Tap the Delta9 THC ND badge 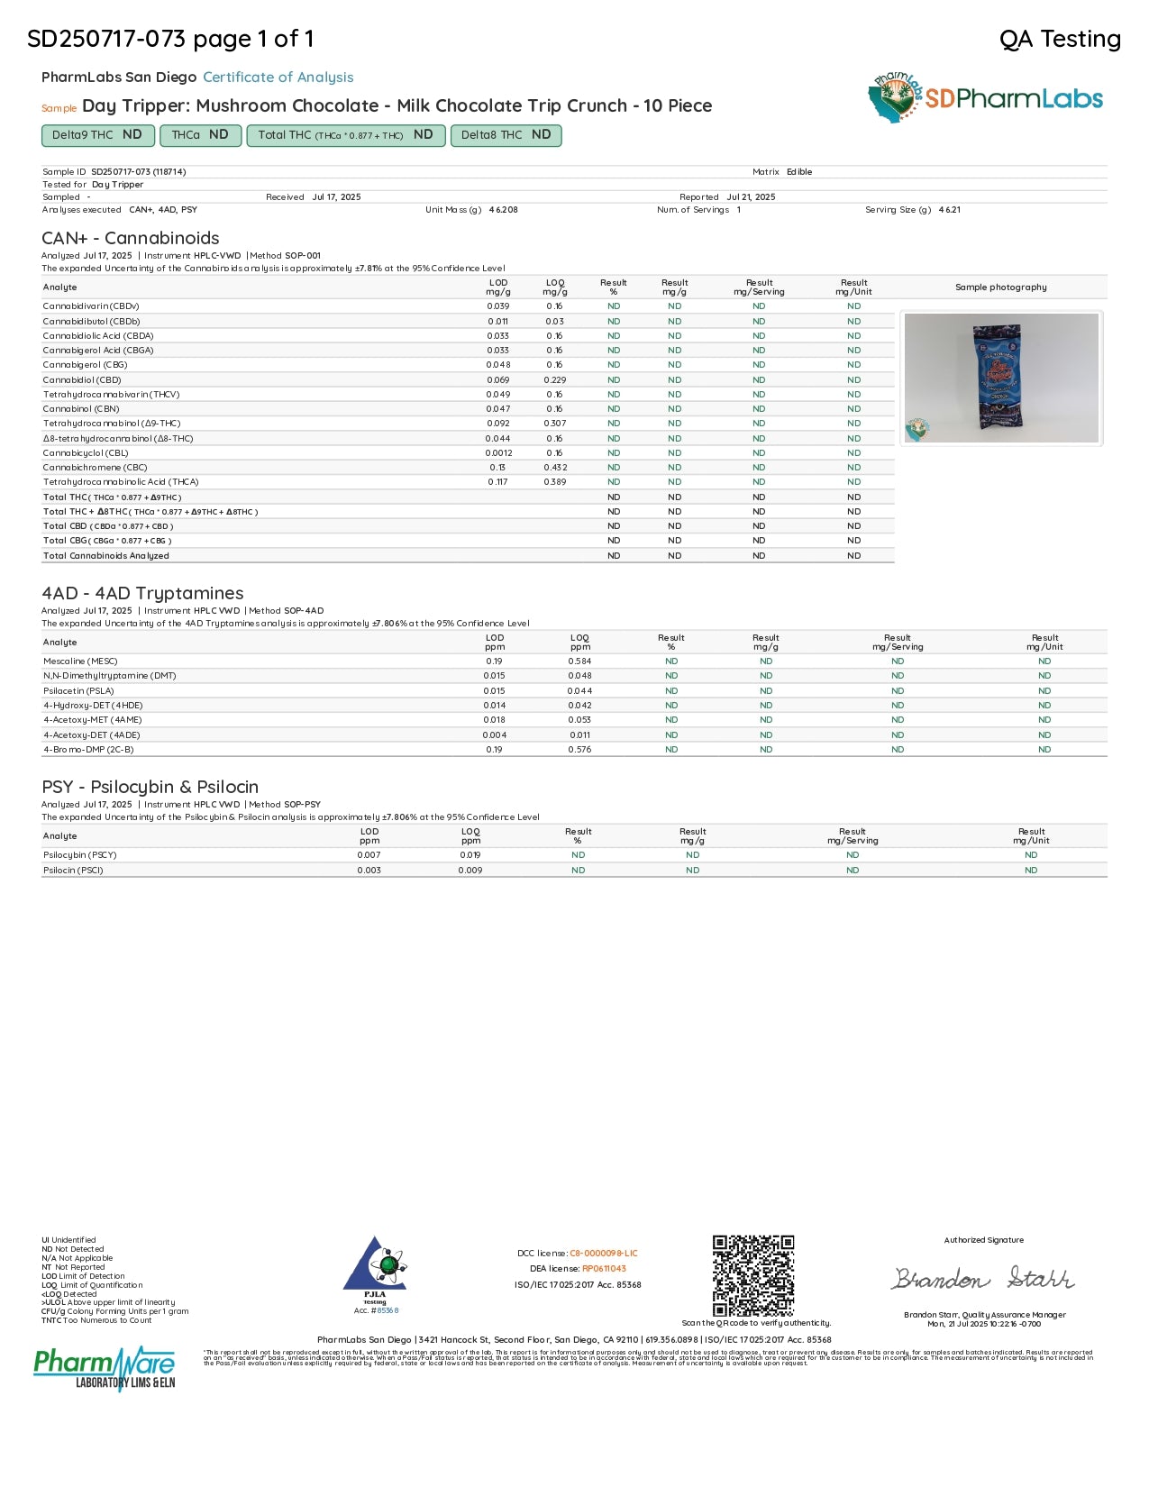[x=97, y=135]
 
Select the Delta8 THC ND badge [x=506, y=135]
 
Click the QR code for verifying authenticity [x=752, y=1275]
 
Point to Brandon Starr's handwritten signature [x=983, y=1278]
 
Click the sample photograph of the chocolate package [x=1000, y=378]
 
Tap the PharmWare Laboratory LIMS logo [x=105, y=1368]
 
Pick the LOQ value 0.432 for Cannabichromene [x=555, y=468]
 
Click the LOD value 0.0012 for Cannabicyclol [x=498, y=453]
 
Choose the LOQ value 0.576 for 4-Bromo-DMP [x=579, y=750]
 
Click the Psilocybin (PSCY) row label [x=80, y=855]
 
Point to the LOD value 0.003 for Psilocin [x=369, y=871]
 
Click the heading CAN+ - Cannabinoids [x=131, y=238]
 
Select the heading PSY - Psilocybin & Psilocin [x=150, y=787]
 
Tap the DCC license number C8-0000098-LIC [x=603, y=1254]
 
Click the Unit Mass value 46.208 [x=503, y=210]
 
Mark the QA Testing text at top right [x=1060, y=39]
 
